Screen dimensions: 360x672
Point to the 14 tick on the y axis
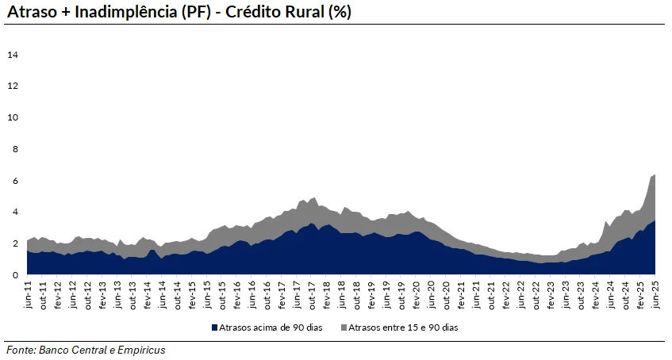(x=13, y=55)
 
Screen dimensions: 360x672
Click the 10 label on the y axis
(x=13, y=117)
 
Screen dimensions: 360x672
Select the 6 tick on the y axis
(x=14, y=181)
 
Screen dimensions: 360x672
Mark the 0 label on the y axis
(x=14, y=275)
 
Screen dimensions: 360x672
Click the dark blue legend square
(x=214, y=327)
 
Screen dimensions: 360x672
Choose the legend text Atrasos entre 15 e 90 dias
(x=405, y=327)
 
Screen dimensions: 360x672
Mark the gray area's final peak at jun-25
(x=654, y=175)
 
